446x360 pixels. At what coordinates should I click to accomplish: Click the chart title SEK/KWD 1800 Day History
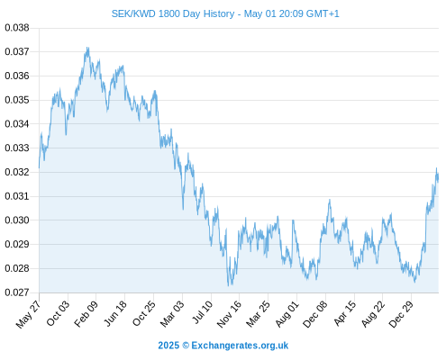pos(173,13)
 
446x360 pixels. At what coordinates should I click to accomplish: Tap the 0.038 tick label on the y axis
pos(17,28)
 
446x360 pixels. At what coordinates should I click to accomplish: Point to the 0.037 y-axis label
pos(17,52)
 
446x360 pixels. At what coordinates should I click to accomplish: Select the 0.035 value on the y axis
pos(17,100)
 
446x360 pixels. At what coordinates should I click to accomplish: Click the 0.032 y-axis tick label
pos(17,172)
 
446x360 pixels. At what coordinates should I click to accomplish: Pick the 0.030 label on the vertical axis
pos(17,220)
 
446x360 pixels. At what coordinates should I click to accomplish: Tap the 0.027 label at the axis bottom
pos(17,292)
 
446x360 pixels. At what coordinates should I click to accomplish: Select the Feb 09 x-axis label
pos(86,314)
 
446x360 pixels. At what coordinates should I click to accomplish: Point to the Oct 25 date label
pos(144,314)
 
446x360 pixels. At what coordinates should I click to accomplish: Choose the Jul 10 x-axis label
pos(202,312)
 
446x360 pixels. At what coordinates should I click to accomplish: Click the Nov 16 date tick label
pos(229,314)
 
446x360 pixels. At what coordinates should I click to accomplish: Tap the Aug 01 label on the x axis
pos(287,314)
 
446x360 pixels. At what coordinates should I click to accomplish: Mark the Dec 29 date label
pos(401,314)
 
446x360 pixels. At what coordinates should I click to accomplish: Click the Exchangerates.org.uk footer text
pos(240,346)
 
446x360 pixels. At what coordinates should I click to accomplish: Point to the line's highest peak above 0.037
pos(87,48)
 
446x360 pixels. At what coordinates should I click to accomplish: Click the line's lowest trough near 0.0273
pos(229,285)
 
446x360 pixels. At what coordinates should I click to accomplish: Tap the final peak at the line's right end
pos(436,168)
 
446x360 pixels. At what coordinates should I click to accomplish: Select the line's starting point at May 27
pos(39,167)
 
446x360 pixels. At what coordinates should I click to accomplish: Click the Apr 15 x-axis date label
pos(345,314)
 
